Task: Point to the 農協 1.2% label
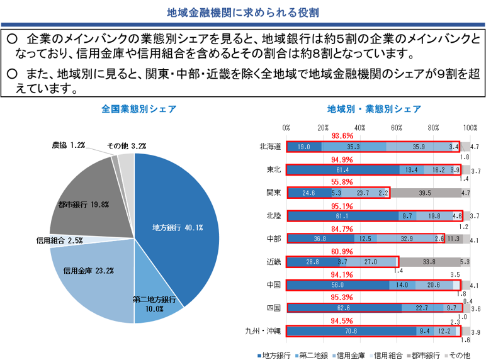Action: coord(69,145)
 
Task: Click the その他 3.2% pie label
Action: coord(127,145)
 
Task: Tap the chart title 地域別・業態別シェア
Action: coord(374,109)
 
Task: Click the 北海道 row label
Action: coord(270,147)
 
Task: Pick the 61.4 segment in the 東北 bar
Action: coord(342,170)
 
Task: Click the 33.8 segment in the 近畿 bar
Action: coord(429,262)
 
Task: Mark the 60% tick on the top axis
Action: coord(397,127)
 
